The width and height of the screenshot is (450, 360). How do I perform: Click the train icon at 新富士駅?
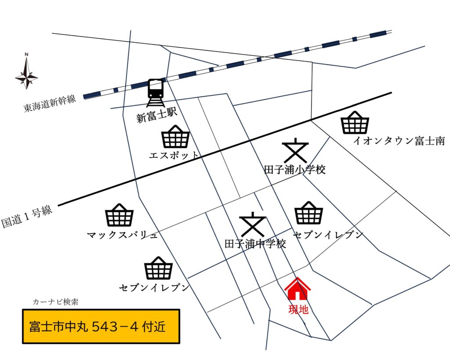pyautogui.click(x=156, y=93)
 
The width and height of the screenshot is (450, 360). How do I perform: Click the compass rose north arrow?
pyautogui.click(x=26, y=73)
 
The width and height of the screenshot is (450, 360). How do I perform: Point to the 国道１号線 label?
pyautogui.click(x=27, y=215)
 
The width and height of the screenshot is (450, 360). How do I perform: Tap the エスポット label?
pyautogui.click(x=174, y=155)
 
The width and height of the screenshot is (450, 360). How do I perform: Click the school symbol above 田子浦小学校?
pyautogui.click(x=295, y=151)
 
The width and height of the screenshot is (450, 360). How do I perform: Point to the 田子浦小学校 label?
pyautogui.click(x=295, y=170)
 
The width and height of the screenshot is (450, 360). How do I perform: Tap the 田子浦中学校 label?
pyautogui.click(x=255, y=244)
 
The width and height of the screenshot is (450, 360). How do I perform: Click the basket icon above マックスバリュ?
pyautogui.click(x=119, y=215)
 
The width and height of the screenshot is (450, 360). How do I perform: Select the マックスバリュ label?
pyautogui.click(x=123, y=235)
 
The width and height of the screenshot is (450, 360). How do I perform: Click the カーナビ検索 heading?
pyautogui.click(x=55, y=302)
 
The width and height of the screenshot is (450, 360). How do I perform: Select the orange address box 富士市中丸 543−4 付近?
pyautogui.click(x=101, y=327)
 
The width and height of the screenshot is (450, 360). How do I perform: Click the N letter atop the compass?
pyautogui.click(x=26, y=55)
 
